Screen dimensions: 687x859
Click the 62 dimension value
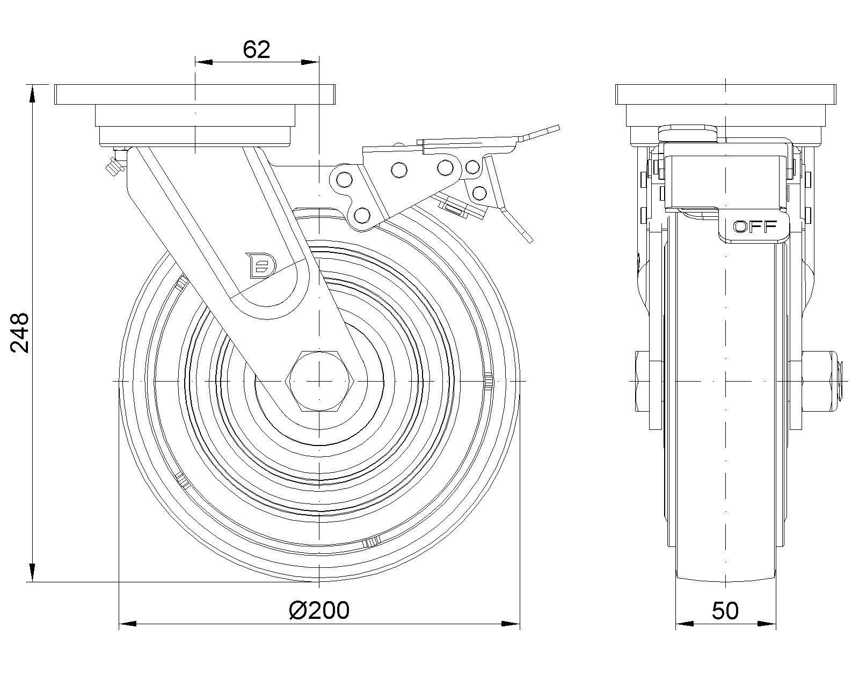[x=256, y=49]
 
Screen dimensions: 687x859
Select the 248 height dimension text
[x=20, y=333]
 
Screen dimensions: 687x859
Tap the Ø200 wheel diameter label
[x=319, y=610]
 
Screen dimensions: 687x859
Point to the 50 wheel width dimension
[x=725, y=611]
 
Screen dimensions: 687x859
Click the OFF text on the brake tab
[x=755, y=226]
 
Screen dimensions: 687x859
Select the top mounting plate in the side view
[x=726, y=94]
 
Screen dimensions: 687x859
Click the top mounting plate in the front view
[x=195, y=94]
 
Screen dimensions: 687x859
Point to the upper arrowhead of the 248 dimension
[x=33, y=93]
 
